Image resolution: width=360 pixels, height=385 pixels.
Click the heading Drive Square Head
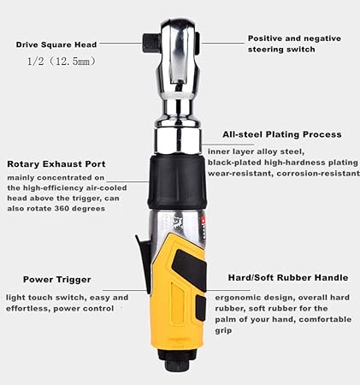pyautogui.click(x=56, y=44)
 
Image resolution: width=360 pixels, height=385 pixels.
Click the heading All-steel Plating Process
pyautogui.click(x=281, y=134)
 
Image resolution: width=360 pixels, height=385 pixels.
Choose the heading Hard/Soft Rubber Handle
pyautogui.click(x=288, y=277)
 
